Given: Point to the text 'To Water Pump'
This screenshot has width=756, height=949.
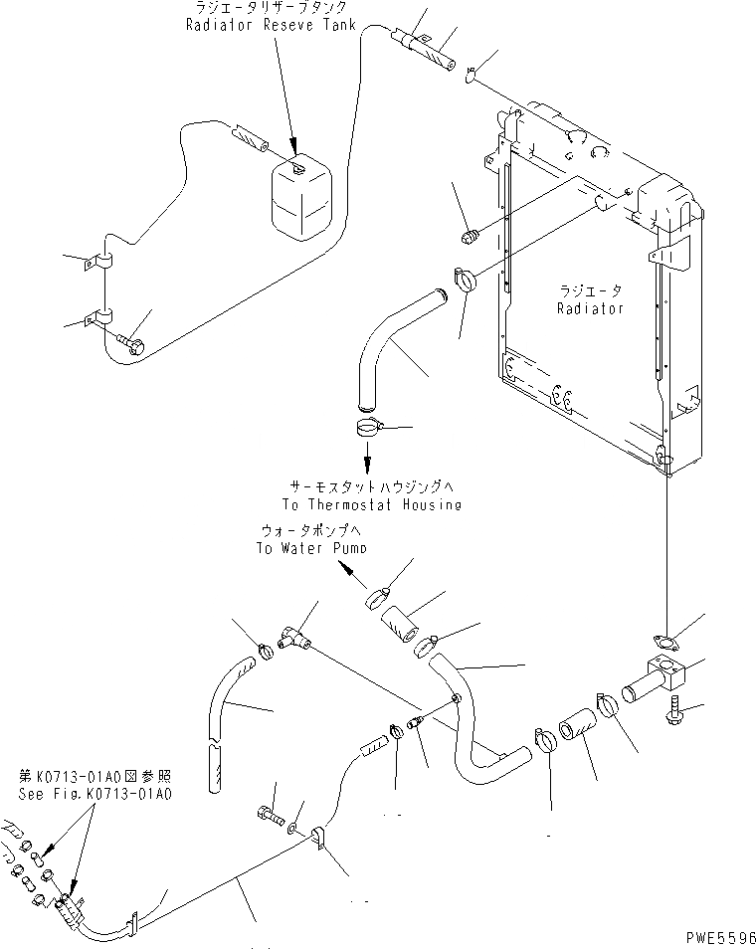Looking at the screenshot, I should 309,547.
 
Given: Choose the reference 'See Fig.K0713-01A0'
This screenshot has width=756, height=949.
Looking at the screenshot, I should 95,795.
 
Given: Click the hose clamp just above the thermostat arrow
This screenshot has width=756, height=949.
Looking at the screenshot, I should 368,430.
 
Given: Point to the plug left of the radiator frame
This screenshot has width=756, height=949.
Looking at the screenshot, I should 473,236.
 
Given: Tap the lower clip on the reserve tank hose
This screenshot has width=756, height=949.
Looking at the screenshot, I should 99,318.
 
